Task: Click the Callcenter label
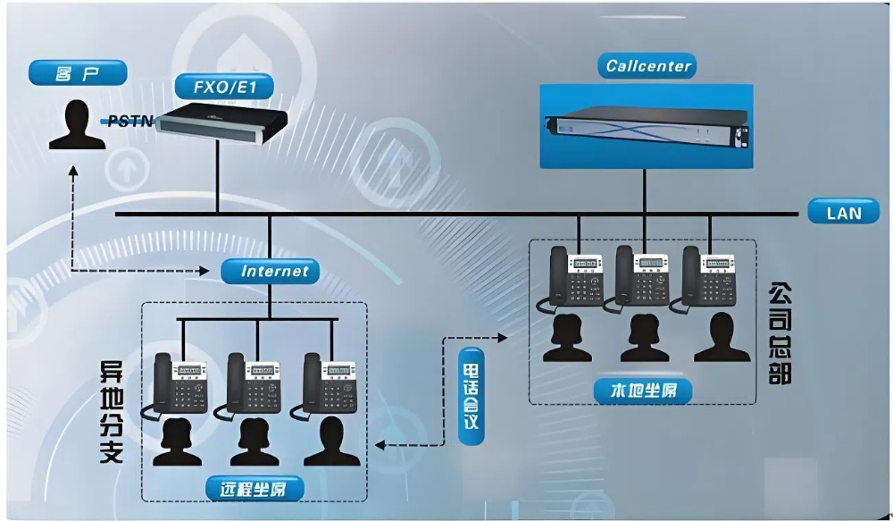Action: click(649, 66)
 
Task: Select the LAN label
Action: click(843, 213)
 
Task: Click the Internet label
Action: click(274, 270)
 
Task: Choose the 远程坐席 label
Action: click(255, 488)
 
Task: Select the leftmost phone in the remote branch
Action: click(179, 384)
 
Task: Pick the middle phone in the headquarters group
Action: click(642, 275)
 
